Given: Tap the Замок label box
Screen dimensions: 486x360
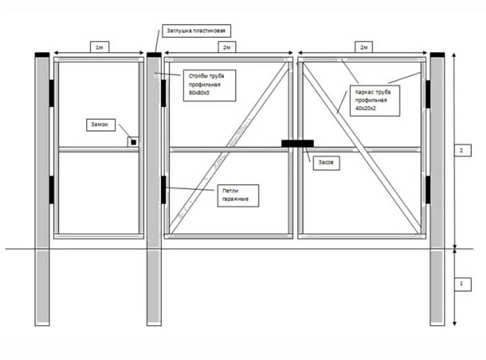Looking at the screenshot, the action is click(101, 125).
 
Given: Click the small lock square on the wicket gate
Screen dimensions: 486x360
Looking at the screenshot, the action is click(134, 142).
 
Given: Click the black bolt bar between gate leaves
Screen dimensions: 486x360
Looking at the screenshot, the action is click(297, 144).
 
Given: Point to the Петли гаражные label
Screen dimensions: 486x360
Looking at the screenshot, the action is click(237, 195).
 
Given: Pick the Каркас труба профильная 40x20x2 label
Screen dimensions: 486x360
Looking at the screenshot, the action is click(373, 100).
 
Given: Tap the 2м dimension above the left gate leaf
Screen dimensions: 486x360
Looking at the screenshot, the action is click(226, 47).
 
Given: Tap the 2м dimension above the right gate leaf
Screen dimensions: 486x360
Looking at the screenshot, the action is click(364, 47).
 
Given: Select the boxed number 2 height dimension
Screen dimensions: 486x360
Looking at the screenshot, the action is click(463, 150).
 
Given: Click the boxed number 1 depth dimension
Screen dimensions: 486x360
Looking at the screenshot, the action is click(463, 284).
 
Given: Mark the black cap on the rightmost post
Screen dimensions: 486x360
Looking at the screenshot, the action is click(437, 55).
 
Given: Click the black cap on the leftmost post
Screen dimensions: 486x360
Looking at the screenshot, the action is click(42, 55).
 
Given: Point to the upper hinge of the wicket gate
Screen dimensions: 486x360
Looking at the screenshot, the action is click(51, 93).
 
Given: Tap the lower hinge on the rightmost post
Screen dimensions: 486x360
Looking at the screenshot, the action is click(427, 189).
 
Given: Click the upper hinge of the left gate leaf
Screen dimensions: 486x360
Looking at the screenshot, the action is click(163, 93).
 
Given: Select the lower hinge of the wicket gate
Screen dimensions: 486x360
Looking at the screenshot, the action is click(51, 189).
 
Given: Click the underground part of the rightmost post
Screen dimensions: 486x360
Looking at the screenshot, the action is click(437, 287).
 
